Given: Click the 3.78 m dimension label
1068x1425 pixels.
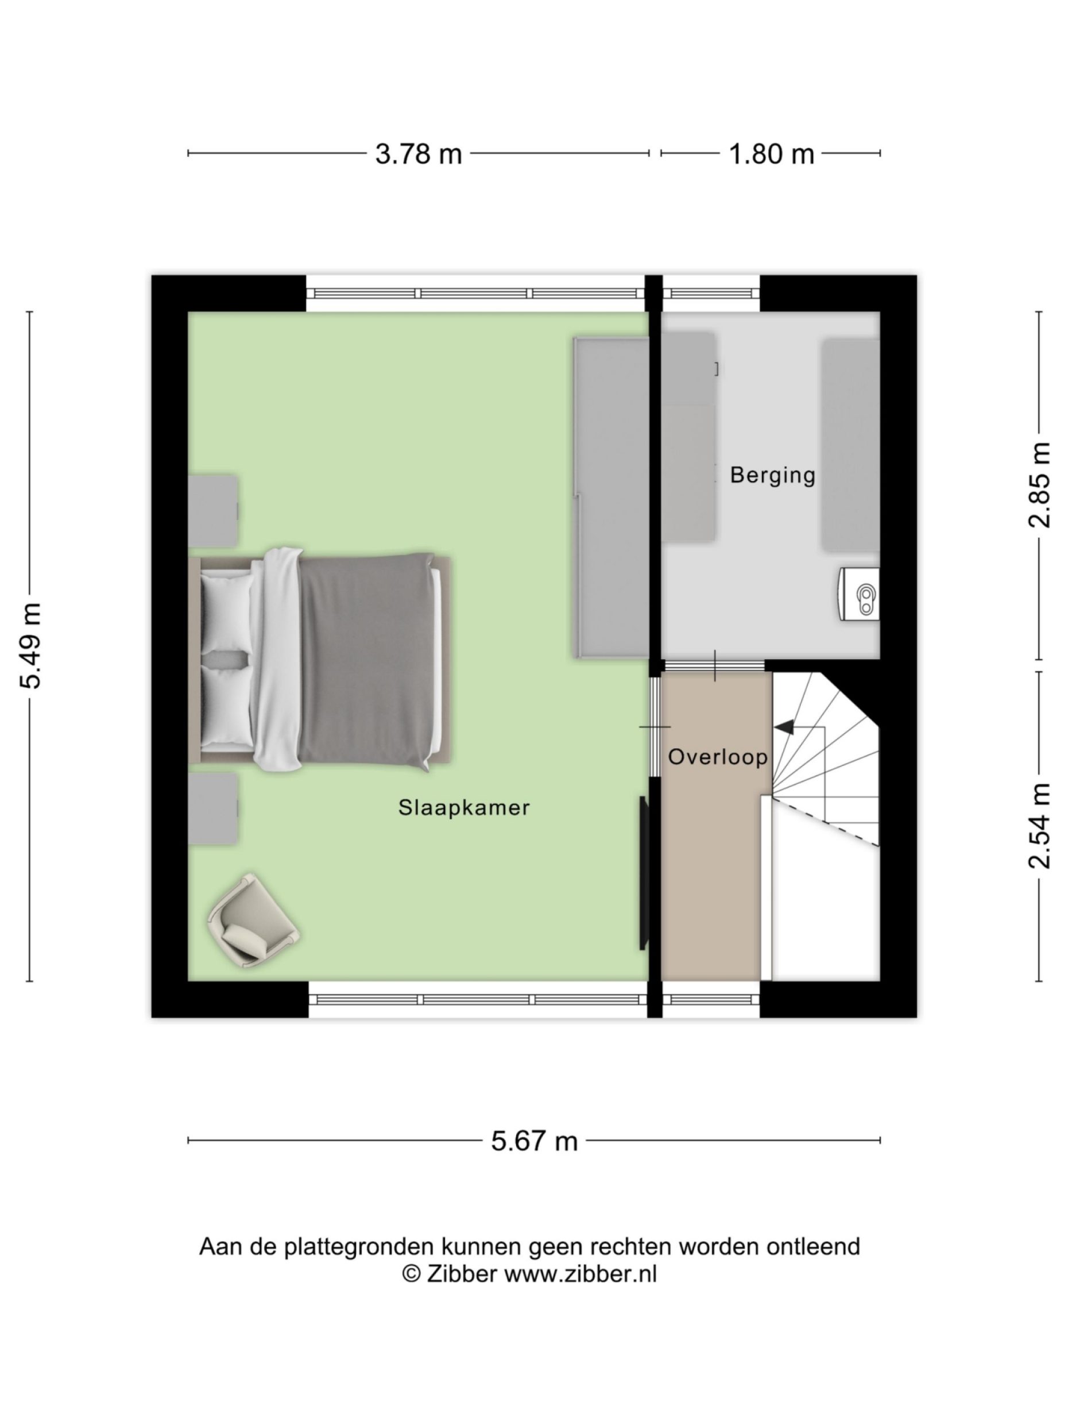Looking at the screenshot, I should click(418, 155).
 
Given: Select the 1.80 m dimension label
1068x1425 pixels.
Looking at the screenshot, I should click(771, 155).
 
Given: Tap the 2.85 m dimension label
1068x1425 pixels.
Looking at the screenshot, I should click(1038, 485).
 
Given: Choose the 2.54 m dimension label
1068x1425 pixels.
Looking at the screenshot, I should click(1038, 825).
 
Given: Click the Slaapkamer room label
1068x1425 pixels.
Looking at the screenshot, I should click(463, 808).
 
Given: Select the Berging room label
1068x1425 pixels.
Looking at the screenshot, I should click(772, 475).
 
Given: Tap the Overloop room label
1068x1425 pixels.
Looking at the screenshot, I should click(717, 757).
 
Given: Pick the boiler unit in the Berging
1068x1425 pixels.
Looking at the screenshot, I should click(860, 594).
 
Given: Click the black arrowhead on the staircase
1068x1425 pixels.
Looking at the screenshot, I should click(783, 727).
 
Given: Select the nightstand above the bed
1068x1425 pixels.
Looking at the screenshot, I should click(213, 511).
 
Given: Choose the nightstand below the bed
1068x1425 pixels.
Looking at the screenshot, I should click(213, 808).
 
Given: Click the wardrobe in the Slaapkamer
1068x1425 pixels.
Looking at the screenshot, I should click(611, 498).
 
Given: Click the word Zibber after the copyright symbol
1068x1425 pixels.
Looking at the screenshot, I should click(461, 1274).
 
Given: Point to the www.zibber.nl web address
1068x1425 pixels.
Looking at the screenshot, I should click(579, 1274).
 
